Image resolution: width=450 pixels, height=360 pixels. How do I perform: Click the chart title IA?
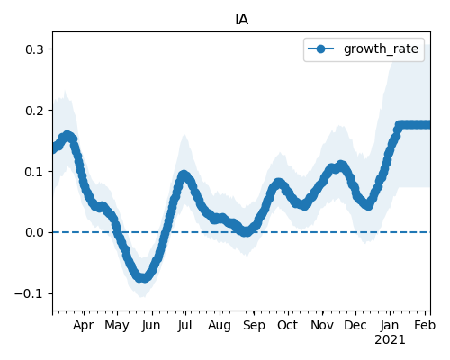click(241, 20)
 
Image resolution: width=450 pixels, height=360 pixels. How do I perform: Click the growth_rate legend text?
click(381, 49)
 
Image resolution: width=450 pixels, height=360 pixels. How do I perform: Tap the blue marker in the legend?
click(320, 49)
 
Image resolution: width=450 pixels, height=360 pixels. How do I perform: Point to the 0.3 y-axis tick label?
click(34, 49)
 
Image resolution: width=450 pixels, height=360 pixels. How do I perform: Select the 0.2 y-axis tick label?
click(34, 111)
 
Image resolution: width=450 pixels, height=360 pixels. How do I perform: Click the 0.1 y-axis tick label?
click(34, 172)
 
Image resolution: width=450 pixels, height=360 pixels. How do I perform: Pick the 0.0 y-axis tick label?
click(34, 232)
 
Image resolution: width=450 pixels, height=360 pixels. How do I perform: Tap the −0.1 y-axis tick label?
click(29, 293)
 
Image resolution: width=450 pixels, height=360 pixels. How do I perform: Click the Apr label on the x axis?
click(83, 325)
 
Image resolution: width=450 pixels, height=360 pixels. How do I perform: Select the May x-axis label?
click(117, 326)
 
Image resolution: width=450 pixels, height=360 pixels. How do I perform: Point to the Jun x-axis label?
click(151, 325)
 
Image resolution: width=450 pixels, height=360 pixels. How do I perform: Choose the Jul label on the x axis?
click(184, 325)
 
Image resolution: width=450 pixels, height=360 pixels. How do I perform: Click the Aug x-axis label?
click(220, 326)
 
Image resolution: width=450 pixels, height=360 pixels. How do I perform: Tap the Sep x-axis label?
click(254, 326)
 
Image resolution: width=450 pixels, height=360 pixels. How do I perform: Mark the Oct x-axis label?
click(288, 325)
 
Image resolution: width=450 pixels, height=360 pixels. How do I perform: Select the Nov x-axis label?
click(322, 325)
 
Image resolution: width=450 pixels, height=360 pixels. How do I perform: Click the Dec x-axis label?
click(355, 325)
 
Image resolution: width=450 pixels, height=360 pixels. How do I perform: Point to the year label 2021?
click(390, 340)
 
